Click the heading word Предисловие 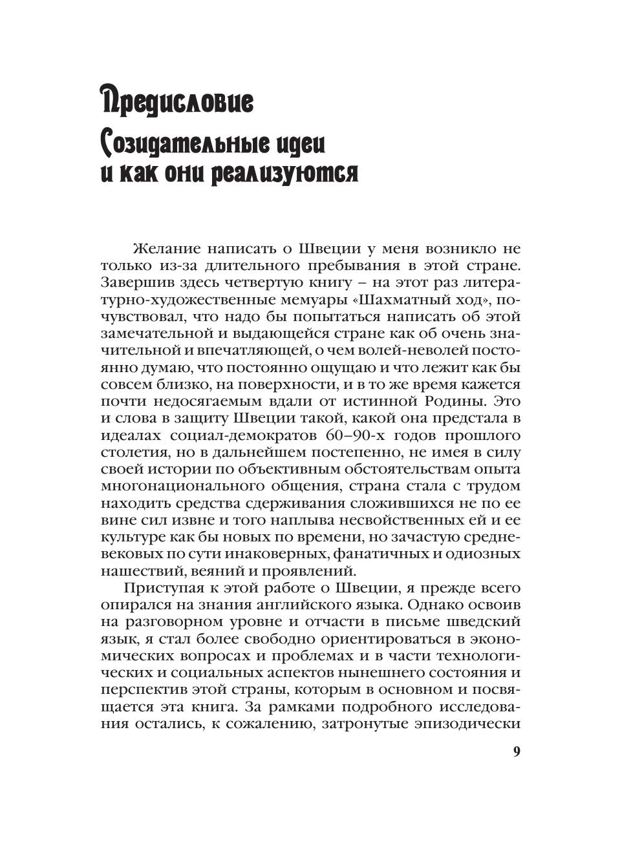pyautogui.click(x=177, y=101)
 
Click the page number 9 pyautogui.click(x=516, y=752)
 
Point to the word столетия pyautogui.click(x=132, y=452)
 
